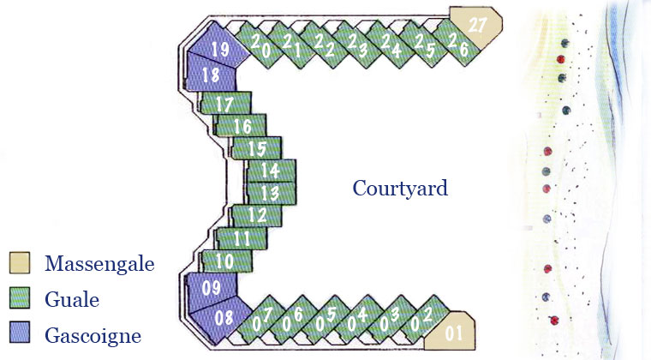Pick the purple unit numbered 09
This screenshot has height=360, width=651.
coord(212,287)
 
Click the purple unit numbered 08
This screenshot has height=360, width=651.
coord(223,316)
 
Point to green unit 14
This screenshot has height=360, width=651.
coord(271,171)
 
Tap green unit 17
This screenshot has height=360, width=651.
coord(225,104)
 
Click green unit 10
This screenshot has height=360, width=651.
coord(225,261)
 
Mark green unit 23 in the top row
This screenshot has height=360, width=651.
coord(358,45)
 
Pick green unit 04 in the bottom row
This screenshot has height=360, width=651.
coord(358,319)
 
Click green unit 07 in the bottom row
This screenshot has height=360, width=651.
coord(262,321)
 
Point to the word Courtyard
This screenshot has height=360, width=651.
coord(400,188)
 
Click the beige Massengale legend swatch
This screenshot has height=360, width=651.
coord(21,262)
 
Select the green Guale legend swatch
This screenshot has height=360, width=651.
coord(21,299)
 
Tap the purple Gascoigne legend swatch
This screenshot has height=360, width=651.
coord(21,335)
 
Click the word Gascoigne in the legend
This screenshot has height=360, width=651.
coord(92,336)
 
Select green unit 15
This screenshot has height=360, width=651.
coord(256,148)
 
